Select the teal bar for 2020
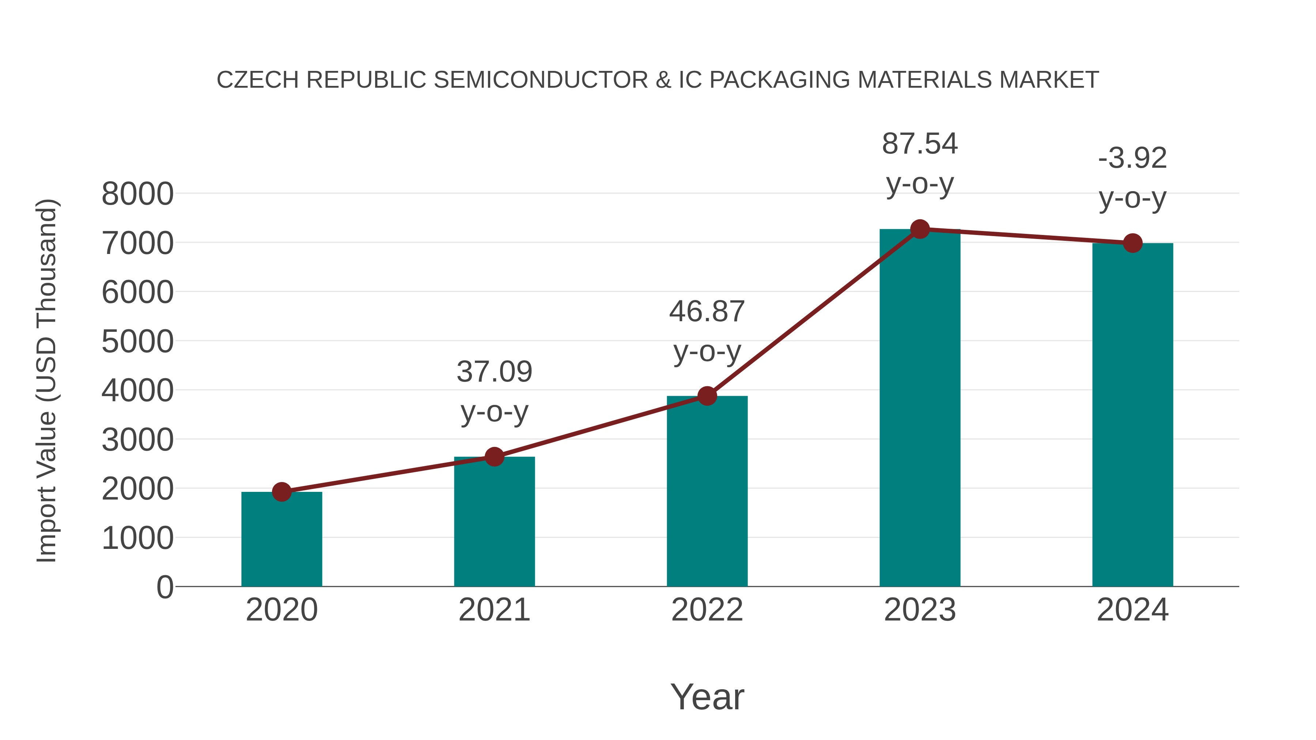281,541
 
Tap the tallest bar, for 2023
920,409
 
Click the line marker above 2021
495,457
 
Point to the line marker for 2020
281,492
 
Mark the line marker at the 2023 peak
920,229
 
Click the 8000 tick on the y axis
137,194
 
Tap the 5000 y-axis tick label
137,342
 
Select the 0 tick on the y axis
165,587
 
